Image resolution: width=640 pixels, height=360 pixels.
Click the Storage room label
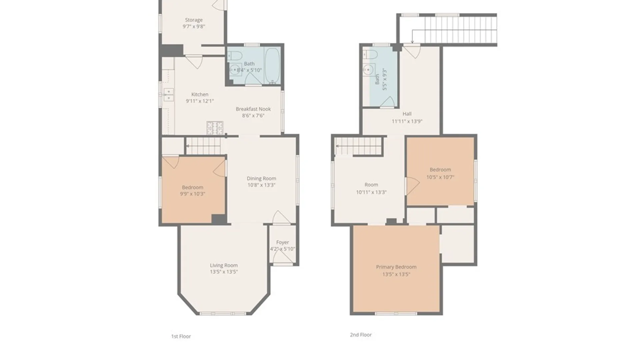coord(194,20)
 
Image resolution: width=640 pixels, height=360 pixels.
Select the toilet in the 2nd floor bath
coord(370,54)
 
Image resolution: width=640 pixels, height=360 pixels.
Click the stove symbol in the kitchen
coord(215,128)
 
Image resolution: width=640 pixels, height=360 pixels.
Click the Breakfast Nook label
coord(253,109)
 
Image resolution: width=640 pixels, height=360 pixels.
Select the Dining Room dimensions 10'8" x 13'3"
coord(261,185)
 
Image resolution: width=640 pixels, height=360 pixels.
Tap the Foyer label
coord(282,242)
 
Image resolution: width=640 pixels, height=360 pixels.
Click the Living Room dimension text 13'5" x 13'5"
coord(224,272)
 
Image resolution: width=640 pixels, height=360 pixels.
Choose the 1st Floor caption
coord(181,336)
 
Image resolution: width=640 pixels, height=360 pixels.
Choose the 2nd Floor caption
coord(361,335)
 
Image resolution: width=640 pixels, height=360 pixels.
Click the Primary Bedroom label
coord(396,267)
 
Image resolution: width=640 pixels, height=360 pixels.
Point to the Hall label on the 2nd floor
coord(407,114)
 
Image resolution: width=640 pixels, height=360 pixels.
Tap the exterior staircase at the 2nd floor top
coord(460,29)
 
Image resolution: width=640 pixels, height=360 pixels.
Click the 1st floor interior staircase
coord(203,146)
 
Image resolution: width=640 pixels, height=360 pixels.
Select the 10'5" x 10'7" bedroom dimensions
coord(440,177)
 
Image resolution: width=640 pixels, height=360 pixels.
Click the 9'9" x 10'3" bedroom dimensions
coord(192,194)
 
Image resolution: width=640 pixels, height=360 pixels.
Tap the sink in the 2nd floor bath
coord(368,70)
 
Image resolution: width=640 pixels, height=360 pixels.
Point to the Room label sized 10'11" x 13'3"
coord(371,185)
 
